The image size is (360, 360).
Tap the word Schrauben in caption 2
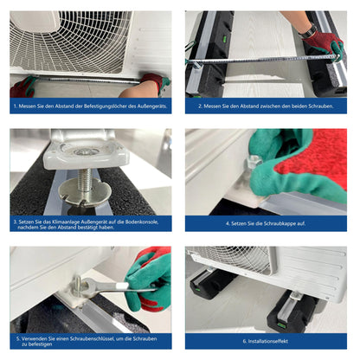click(x=321, y=106)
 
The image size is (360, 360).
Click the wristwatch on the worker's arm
click(x=310, y=31)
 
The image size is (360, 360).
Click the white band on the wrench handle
click(x=121, y=286)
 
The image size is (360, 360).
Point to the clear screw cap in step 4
click(x=253, y=162)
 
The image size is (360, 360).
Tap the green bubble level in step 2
click(x=224, y=38)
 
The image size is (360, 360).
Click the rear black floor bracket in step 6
click(x=212, y=282)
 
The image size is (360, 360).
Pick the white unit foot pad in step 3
click(x=86, y=152)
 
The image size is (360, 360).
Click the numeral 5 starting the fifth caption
click(x=17, y=338)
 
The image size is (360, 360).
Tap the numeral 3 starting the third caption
click(x=15, y=222)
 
